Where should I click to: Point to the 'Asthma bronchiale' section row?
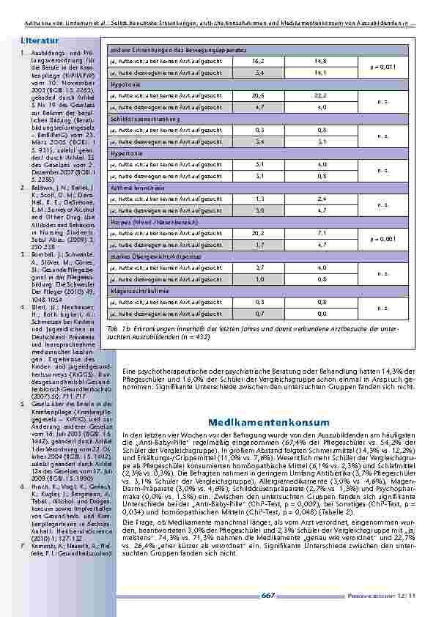point(131,188)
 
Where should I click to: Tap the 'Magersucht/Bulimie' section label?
point(134,290)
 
